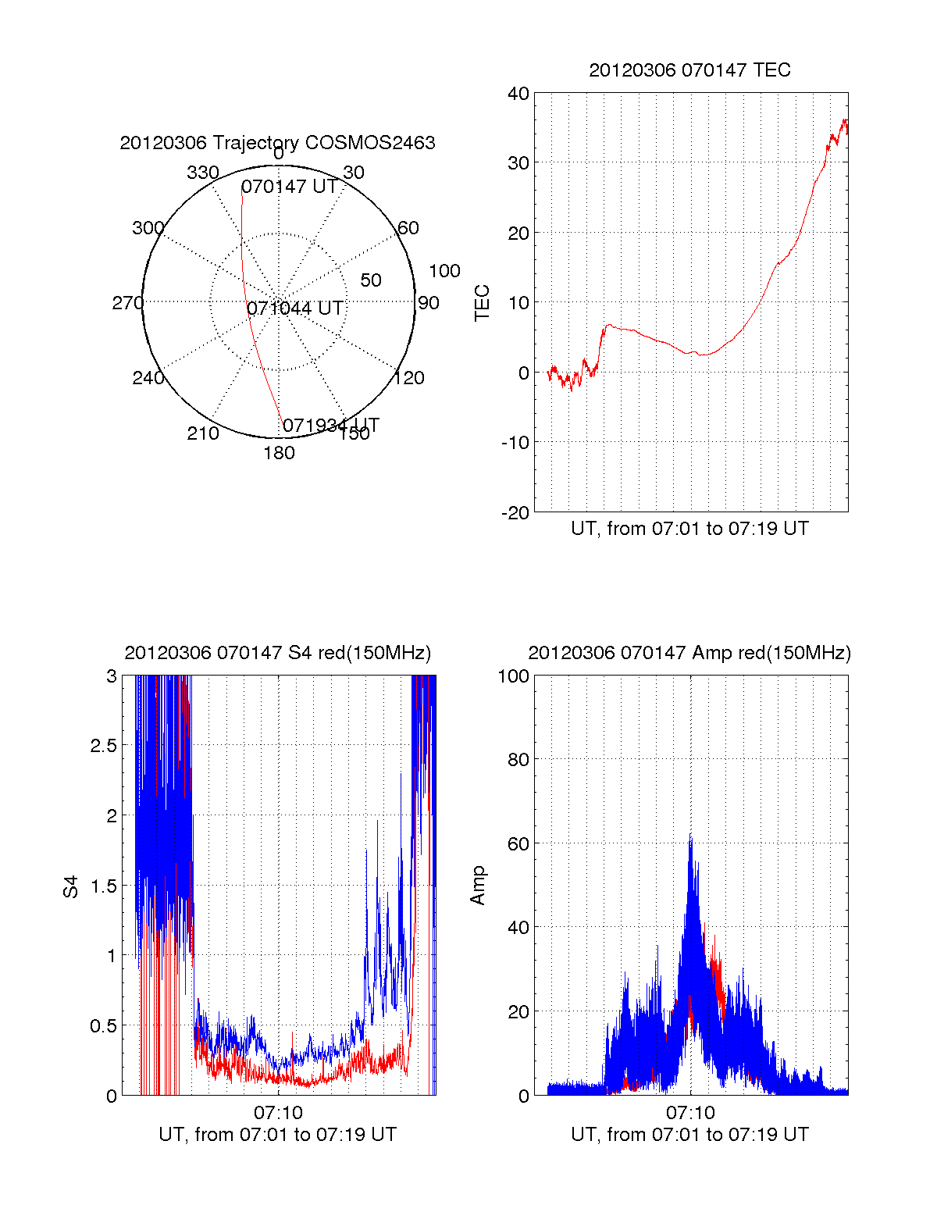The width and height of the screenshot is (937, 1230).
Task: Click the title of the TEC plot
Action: (689, 70)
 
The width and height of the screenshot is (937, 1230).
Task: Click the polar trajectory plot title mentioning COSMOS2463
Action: (277, 143)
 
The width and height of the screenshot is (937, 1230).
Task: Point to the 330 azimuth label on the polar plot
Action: (202, 173)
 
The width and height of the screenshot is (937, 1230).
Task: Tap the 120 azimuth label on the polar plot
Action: (409, 378)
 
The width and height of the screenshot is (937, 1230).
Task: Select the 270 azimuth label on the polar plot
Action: (127, 303)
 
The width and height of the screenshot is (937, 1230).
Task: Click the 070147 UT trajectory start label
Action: (289, 187)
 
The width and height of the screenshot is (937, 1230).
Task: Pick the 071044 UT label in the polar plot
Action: (295, 308)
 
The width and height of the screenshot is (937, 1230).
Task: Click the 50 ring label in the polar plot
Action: (371, 280)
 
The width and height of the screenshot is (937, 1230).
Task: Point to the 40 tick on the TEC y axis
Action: (518, 94)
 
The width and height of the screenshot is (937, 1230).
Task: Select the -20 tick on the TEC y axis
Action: (515, 513)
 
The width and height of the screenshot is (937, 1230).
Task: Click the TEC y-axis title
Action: (483, 302)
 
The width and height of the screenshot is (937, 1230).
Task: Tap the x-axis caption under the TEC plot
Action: (689, 529)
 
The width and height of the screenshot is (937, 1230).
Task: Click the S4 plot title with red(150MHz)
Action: (277, 653)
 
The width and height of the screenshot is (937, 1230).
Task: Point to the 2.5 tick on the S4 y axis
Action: (104, 746)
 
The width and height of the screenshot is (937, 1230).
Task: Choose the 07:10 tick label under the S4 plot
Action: (278, 1113)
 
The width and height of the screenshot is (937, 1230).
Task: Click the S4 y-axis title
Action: (71, 886)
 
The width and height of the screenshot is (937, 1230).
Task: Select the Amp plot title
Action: (689, 653)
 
